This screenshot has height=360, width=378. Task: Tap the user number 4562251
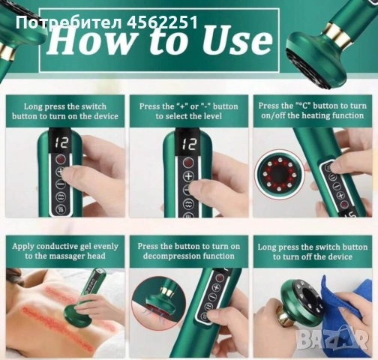pyautogui.click(x=162, y=22)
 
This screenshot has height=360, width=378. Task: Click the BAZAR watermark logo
pyautogui.click(x=333, y=338)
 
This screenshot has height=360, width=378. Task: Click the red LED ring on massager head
pyautogui.click(x=277, y=174)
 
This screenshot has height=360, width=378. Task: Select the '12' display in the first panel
pyautogui.click(x=61, y=142)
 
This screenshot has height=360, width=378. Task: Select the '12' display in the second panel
pyautogui.click(x=189, y=143)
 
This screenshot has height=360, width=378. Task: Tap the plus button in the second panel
pyautogui.click(x=189, y=176)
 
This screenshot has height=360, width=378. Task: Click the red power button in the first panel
pyautogui.click(x=61, y=159)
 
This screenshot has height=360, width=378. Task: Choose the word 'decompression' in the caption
pyautogui.click(x=172, y=256)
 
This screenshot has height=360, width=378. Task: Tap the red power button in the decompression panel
pyautogui.click(x=219, y=277)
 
